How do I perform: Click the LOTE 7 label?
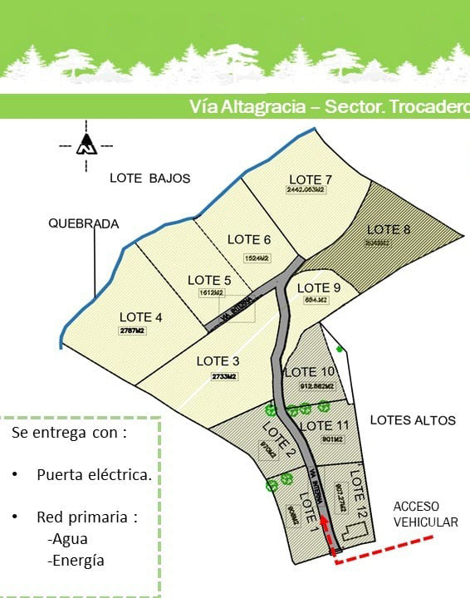pyautogui.click(x=311, y=179)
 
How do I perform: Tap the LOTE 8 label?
pyautogui.click(x=389, y=229)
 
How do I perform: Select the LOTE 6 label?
pyautogui.click(x=249, y=240)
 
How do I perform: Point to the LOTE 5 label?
pyautogui.click(x=209, y=280)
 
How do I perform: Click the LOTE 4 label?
pyautogui.click(x=140, y=317)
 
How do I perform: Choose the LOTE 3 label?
pyautogui.click(x=218, y=361)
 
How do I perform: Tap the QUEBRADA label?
pyautogui.click(x=83, y=223)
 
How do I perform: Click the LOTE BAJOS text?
pyautogui.click(x=150, y=179)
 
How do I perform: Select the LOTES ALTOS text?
pyautogui.click(x=413, y=420)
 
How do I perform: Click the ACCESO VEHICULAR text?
pyautogui.click(x=425, y=514)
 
